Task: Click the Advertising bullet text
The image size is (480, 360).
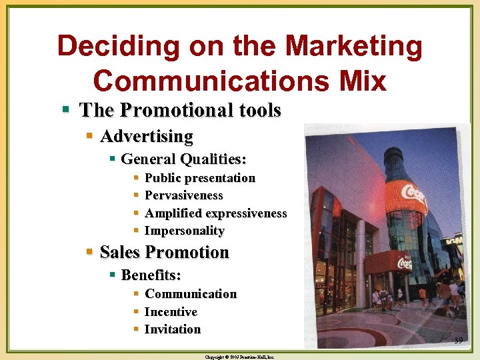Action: [x=147, y=137]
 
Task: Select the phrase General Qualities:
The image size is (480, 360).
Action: [x=184, y=159]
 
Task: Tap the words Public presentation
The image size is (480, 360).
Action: [x=200, y=178]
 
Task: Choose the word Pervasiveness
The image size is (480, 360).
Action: [x=184, y=195]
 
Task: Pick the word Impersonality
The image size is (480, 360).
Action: [x=185, y=231]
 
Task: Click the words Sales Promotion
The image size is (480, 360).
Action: [x=164, y=252]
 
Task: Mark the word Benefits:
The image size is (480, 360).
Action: [x=151, y=275]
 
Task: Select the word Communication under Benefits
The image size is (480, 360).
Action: [x=191, y=294]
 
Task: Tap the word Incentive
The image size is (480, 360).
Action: [x=171, y=311]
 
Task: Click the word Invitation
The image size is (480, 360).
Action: [x=173, y=329]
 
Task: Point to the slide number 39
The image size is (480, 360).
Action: [x=459, y=341]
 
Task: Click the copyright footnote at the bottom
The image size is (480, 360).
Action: [x=240, y=357]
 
